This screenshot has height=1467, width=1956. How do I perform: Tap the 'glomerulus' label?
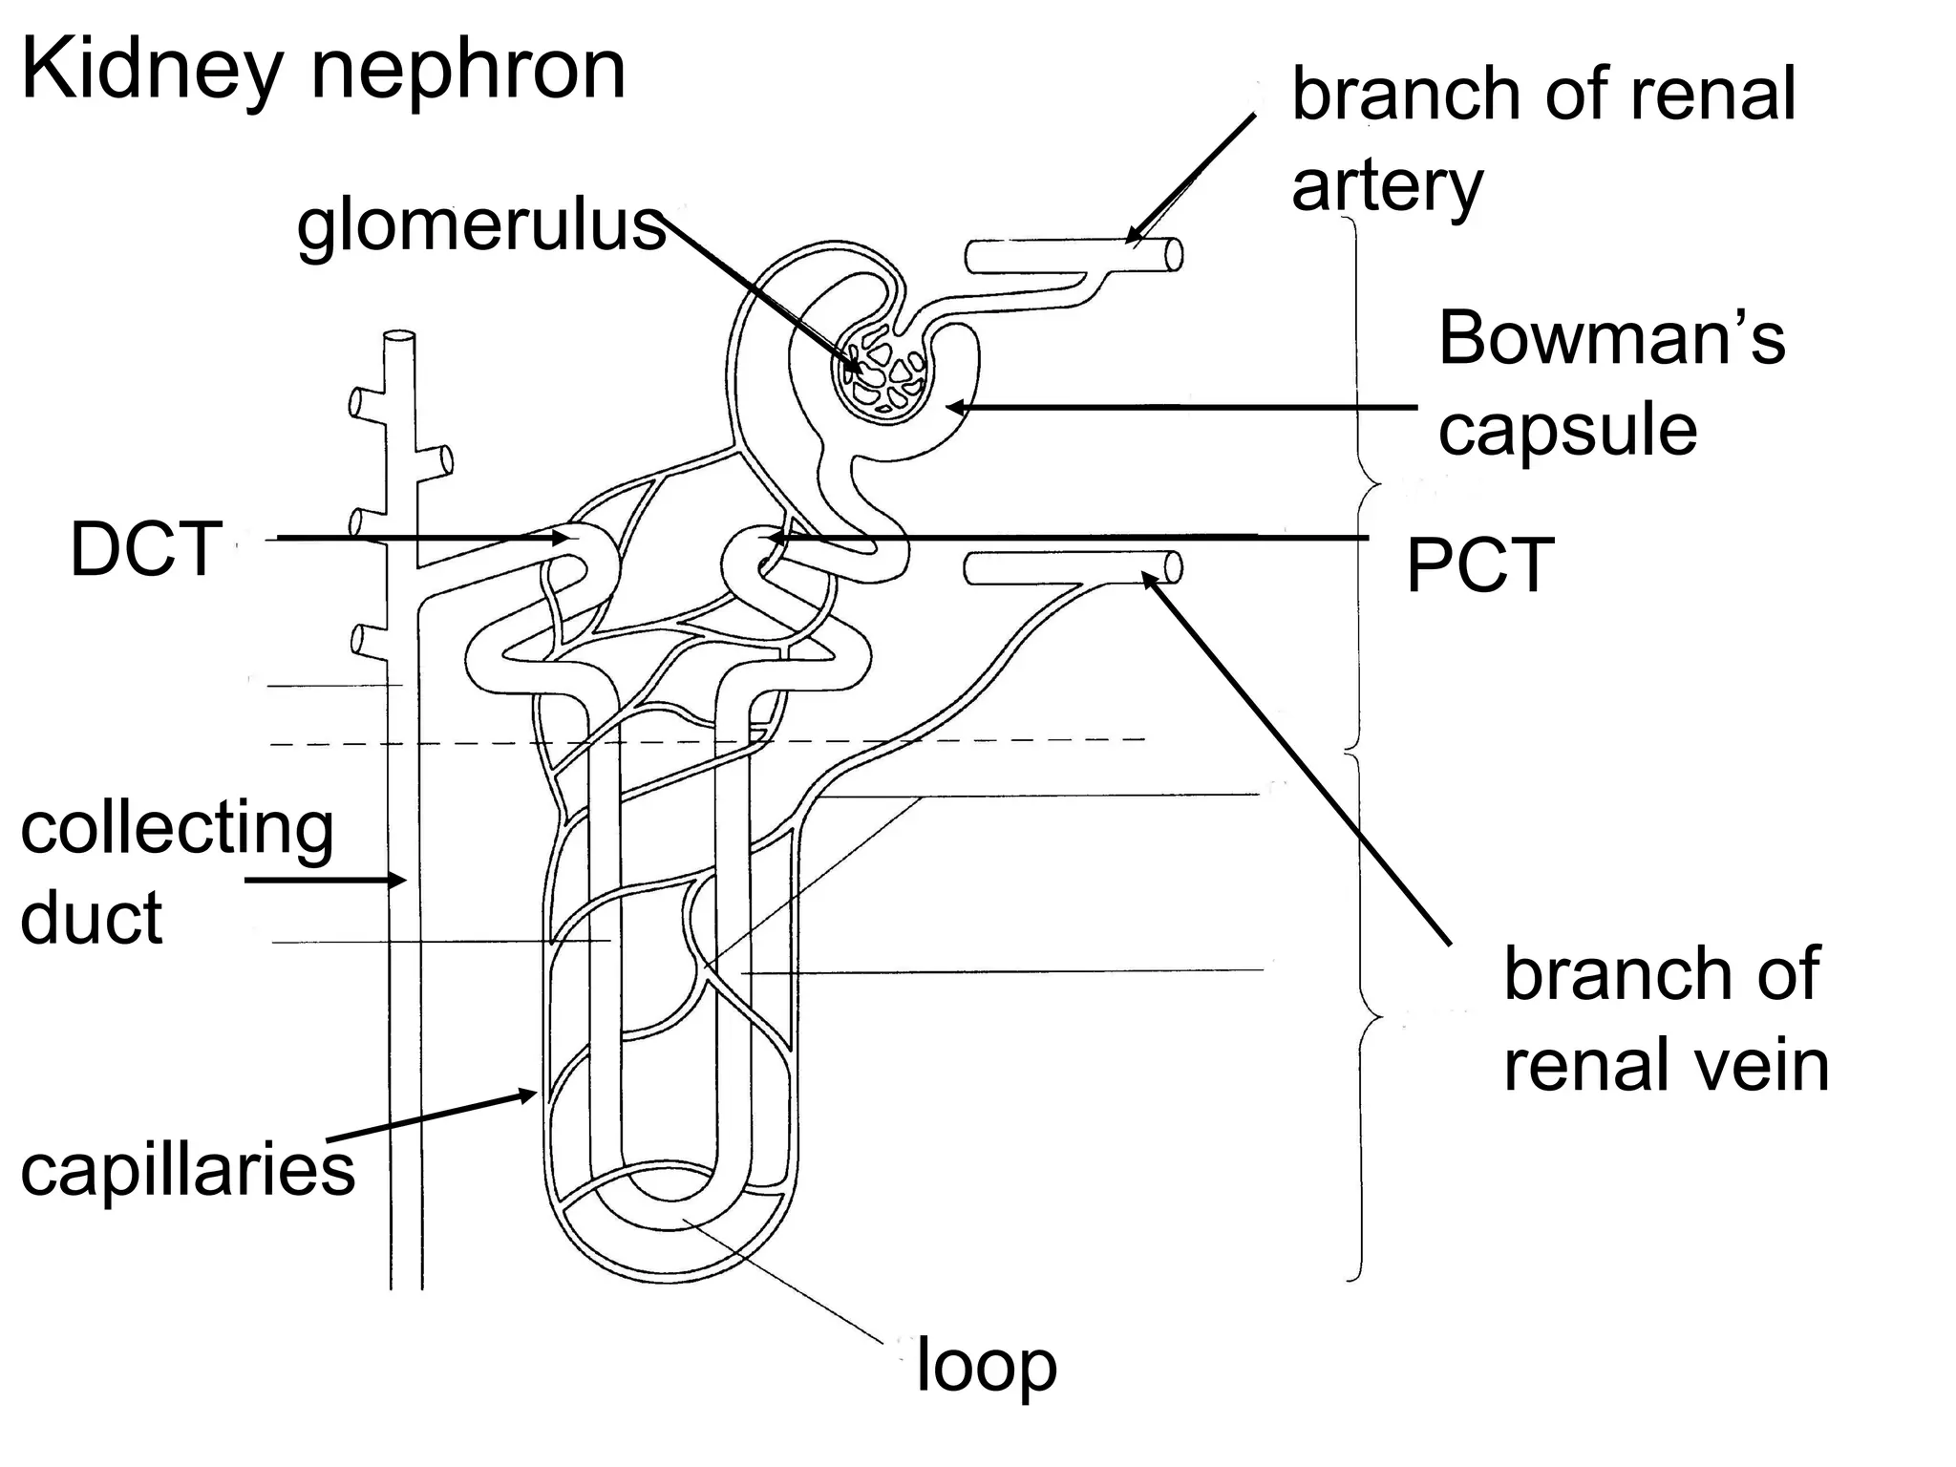(x=480, y=227)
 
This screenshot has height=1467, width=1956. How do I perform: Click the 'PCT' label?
(x=1479, y=566)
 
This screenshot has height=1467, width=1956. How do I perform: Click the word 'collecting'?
(x=178, y=828)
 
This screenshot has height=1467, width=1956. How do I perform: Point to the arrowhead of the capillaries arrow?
(x=531, y=1095)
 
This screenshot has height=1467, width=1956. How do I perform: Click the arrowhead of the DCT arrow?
(x=563, y=539)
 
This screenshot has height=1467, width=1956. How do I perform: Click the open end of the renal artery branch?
(x=1175, y=255)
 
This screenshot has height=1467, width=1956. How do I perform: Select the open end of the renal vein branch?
(x=1175, y=568)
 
